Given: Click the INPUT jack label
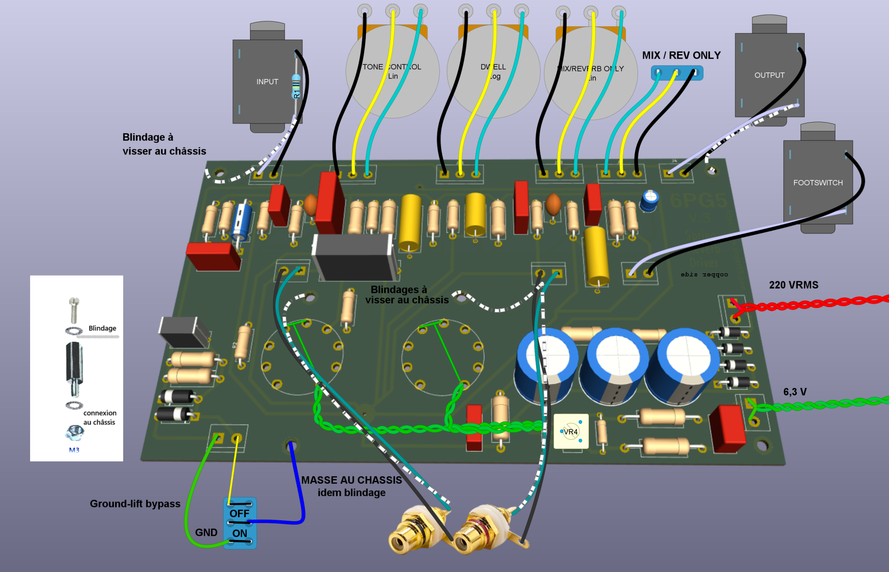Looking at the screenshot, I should tap(267, 82).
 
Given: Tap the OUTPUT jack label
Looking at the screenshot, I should tap(769, 75).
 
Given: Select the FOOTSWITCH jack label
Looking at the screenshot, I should tap(818, 183).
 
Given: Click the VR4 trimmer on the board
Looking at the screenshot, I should tap(571, 431).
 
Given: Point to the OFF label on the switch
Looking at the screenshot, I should tap(239, 513).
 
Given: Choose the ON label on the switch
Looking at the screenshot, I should tap(239, 533).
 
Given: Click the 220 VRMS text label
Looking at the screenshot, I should tap(794, 285).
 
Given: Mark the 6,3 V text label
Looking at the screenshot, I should tap(795, 392).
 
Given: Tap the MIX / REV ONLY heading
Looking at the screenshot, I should tap(681, 55).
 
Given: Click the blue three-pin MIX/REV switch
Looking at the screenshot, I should tap(676, 73).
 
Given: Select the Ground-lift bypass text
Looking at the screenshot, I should tap(135, 504).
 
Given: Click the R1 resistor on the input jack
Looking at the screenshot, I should tap(296, 86).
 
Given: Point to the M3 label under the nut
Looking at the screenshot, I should tap(74, 450).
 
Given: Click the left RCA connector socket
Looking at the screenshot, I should tap(402, 539).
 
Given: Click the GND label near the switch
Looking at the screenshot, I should tap(206, 532).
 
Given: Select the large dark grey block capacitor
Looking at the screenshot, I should tap(354, 257).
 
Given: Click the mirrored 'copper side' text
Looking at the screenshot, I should tap(704, 275).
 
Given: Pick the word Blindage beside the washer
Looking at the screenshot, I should tap(102, 328).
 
